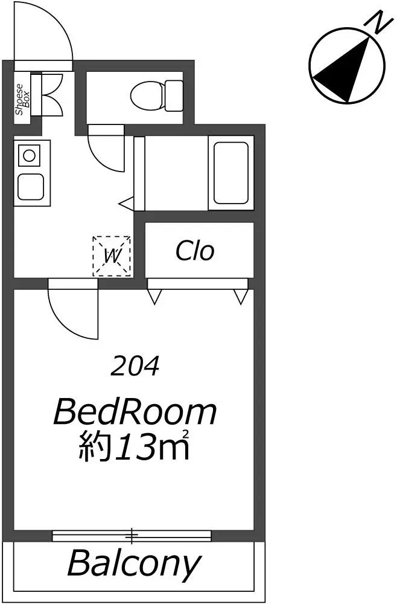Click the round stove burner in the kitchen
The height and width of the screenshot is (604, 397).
[x=29, y=156]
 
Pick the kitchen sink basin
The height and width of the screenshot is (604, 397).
[x=30, y=187]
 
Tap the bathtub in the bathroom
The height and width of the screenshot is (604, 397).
[x=231, y=173]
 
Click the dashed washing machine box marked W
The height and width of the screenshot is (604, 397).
[x=112, y=256]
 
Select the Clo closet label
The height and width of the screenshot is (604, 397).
[x=195, y=251]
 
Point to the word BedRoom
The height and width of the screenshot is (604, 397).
[x=135, y=412]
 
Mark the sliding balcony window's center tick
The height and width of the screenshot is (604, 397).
[x=132, y=535]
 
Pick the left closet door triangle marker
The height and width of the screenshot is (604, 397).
[x=154, y=297]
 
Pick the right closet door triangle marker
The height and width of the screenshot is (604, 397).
[x=241, y=297]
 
